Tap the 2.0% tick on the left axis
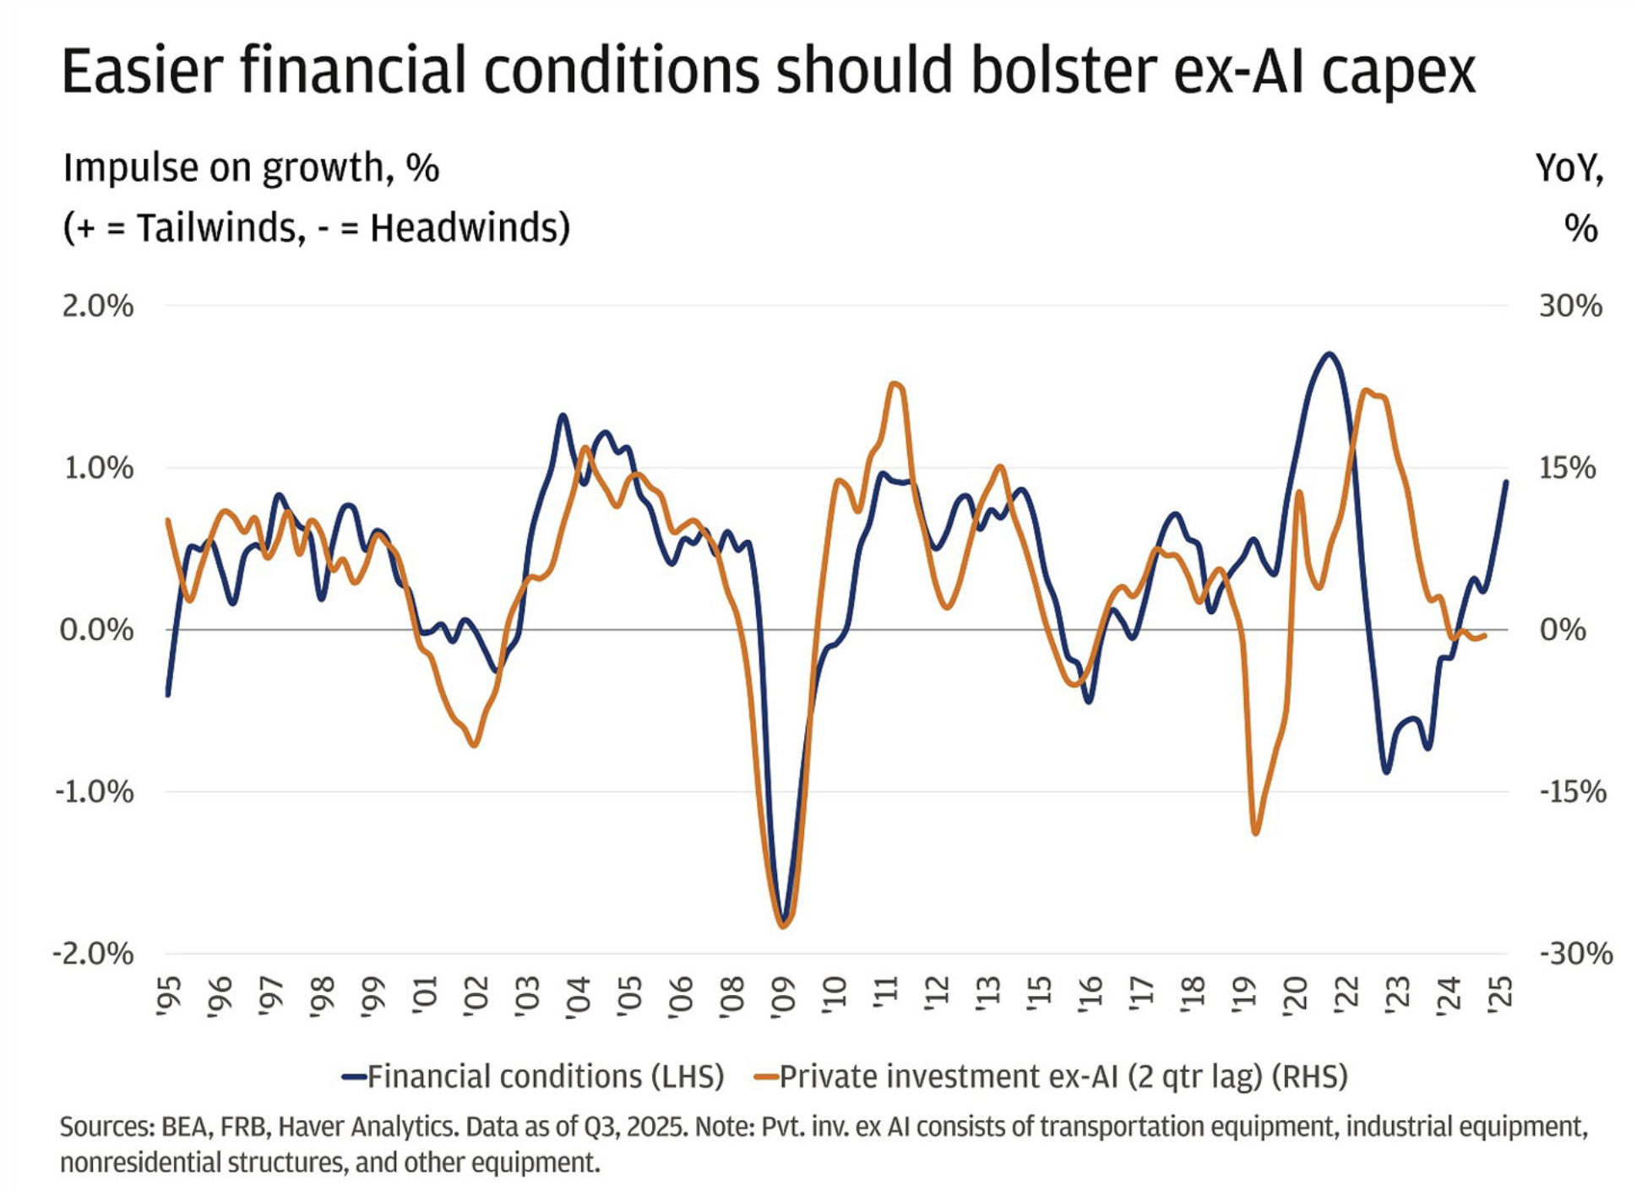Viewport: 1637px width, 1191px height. pyautogui.click(x=97, y=306)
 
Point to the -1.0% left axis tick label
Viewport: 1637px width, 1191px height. pyautogui.click(x=95, y=792)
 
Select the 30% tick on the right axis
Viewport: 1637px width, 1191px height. pyautogui.click(x=1569, y=306)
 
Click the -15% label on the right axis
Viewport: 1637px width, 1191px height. pyautogui.click(x=1572, y=792)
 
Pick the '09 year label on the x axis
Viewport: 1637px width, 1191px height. pyautogui.click(x=783, y=997)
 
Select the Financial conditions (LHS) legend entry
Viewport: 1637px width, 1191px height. pyautogui.click(x=545, y=1077)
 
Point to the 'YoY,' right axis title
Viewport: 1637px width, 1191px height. pyautogui.click(x=1569, y=168)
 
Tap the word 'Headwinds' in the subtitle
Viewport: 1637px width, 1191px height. pyautogui.click(x=464, y=228)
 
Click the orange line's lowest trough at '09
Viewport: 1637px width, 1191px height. pyautogui.click(x=783, y=927)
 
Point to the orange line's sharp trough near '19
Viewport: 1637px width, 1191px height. pyautogui.click(x=1255, y=833)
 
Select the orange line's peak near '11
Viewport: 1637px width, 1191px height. pyautogui.click(x=896, y=384)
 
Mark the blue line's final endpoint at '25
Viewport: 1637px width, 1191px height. pyautogui.click(x=1506, y=481)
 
